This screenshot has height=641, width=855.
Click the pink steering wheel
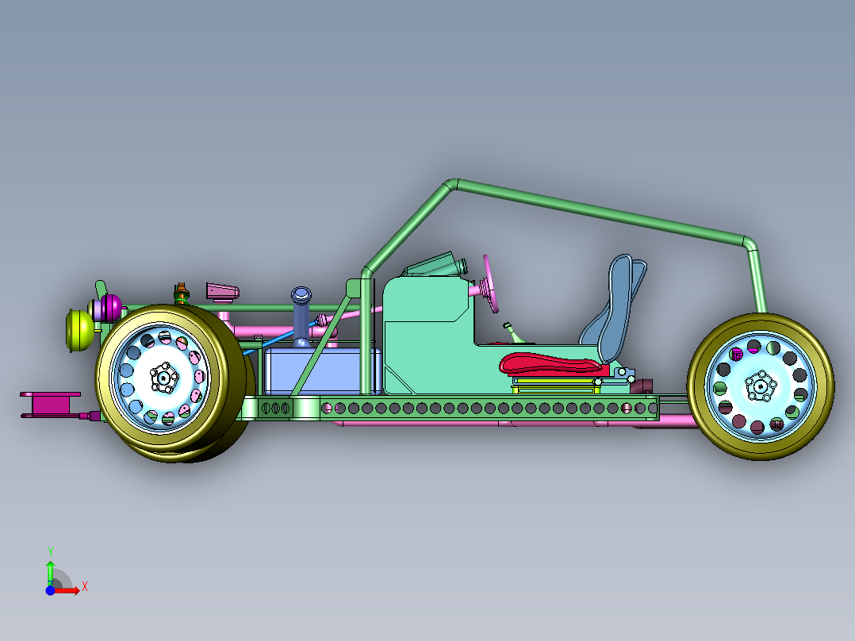pyautogui.click(x=490, y=284)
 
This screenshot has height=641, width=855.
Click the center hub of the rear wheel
pyautogui.click(x=761, y=386)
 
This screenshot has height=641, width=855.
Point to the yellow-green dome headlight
pyautogui.click(x=79, y=330)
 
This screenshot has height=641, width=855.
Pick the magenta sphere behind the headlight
pyautogui.click(x=111, y=307)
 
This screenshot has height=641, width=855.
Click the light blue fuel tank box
pyautogui.click(x=322, y=371)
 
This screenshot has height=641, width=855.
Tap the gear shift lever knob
pyautogui.click(x=507, y=326)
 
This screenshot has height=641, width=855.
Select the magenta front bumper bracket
pyautogui.click(x=51, y=405)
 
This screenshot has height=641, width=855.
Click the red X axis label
pyautogui.click(x=85, y=587)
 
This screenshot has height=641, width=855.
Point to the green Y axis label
pyautogui.click(x=50, y=551)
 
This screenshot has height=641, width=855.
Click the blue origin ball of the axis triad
pyautogui.click(x=50, y=590)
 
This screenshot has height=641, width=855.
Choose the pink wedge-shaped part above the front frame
pyautogui.click(x=222, y=292)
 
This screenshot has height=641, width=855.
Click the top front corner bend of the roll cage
pyautogui.click(x=451, y=184)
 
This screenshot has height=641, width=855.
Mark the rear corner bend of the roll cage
pyautogui.click(x=750, y=242)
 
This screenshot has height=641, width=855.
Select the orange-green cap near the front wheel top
pyautogui.click(x=182, y=293)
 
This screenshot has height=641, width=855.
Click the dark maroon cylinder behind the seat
pyautogui.click(x=641, y=386)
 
